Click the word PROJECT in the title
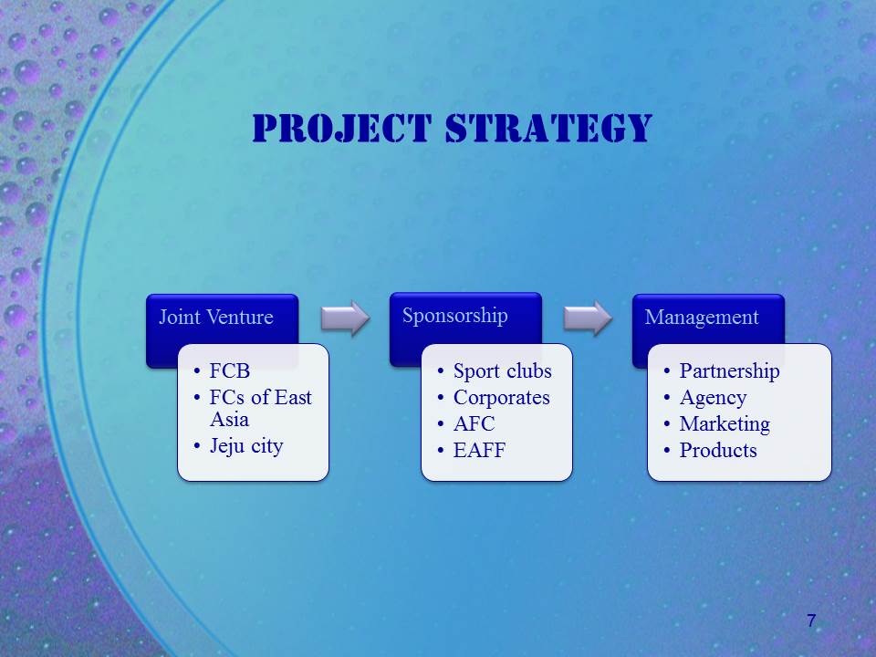point(342,128)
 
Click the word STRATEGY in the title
point(549,128)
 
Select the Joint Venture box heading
point(216,317)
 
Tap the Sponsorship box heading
point(454,316)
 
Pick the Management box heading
point(702,318)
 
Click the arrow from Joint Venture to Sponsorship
point(345,318)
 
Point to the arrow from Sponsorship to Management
point(588,318)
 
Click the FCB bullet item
point(230,370)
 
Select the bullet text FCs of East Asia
point(260,409)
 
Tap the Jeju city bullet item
point(246,446)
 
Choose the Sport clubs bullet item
point(502,371)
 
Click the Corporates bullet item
point(502,397)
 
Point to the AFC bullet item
point(474,423)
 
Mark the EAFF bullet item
point(479,450)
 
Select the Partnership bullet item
point(730,371)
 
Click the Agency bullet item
point(714,398)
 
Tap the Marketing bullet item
point(725,424)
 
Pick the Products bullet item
point(718,450)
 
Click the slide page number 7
point(811,620)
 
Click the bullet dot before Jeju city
point(197,446)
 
